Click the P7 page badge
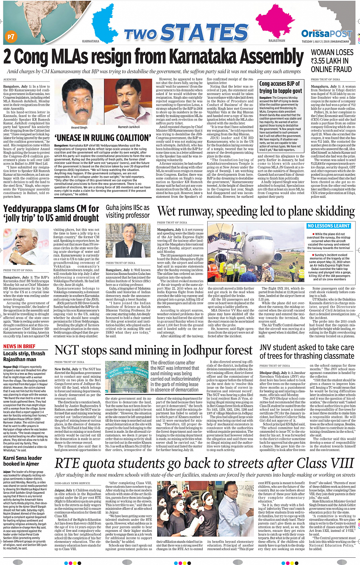11,37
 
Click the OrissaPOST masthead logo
326,34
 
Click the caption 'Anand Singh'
79,127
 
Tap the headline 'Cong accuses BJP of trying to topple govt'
280,87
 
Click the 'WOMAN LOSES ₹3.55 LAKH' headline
331,61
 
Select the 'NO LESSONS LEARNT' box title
328,226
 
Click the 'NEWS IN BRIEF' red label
19,346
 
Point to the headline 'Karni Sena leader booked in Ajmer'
22,461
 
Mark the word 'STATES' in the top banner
205,33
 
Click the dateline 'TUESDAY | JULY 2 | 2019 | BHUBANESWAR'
325,42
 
